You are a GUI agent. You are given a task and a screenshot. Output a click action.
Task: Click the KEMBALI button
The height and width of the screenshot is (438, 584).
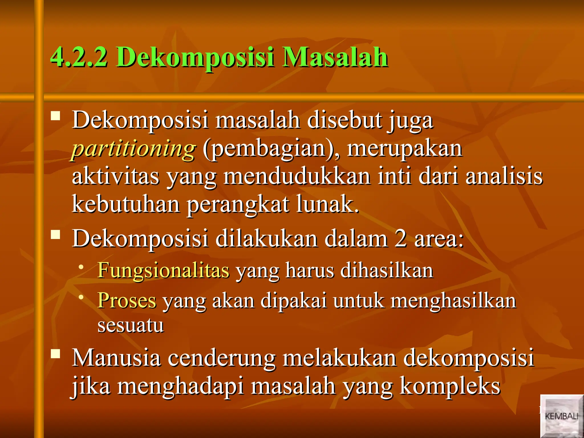tap(561, 416)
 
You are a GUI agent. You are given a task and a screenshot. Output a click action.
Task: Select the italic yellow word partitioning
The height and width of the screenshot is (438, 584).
tap(133, 149)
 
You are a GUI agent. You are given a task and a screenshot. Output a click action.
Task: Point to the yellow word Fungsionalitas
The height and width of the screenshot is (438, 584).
tap(163, 270)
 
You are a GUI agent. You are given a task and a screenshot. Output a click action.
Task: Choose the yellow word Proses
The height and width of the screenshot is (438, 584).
tap(127, 300)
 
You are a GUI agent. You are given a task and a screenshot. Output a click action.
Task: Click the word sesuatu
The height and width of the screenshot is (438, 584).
tap(131, 325)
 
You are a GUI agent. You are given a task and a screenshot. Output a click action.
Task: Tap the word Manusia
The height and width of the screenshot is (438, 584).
tap(116, 358)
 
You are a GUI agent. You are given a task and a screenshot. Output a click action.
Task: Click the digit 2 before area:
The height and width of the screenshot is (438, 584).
tap(401, 239)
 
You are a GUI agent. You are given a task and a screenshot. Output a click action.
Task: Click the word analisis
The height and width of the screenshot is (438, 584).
tap(504, 176)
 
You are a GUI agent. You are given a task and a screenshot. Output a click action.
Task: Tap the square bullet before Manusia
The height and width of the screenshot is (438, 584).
tap(56, 354)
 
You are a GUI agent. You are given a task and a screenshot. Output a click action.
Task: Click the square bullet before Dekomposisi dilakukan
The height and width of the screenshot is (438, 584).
tap(56, 235)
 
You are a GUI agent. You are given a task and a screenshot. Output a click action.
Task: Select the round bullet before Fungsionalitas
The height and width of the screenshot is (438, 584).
tap(82, 267)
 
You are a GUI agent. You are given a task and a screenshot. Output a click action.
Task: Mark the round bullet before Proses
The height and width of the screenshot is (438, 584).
tap(82, 297)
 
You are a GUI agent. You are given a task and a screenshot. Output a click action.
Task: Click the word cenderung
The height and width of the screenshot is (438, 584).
tap(222, 358)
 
